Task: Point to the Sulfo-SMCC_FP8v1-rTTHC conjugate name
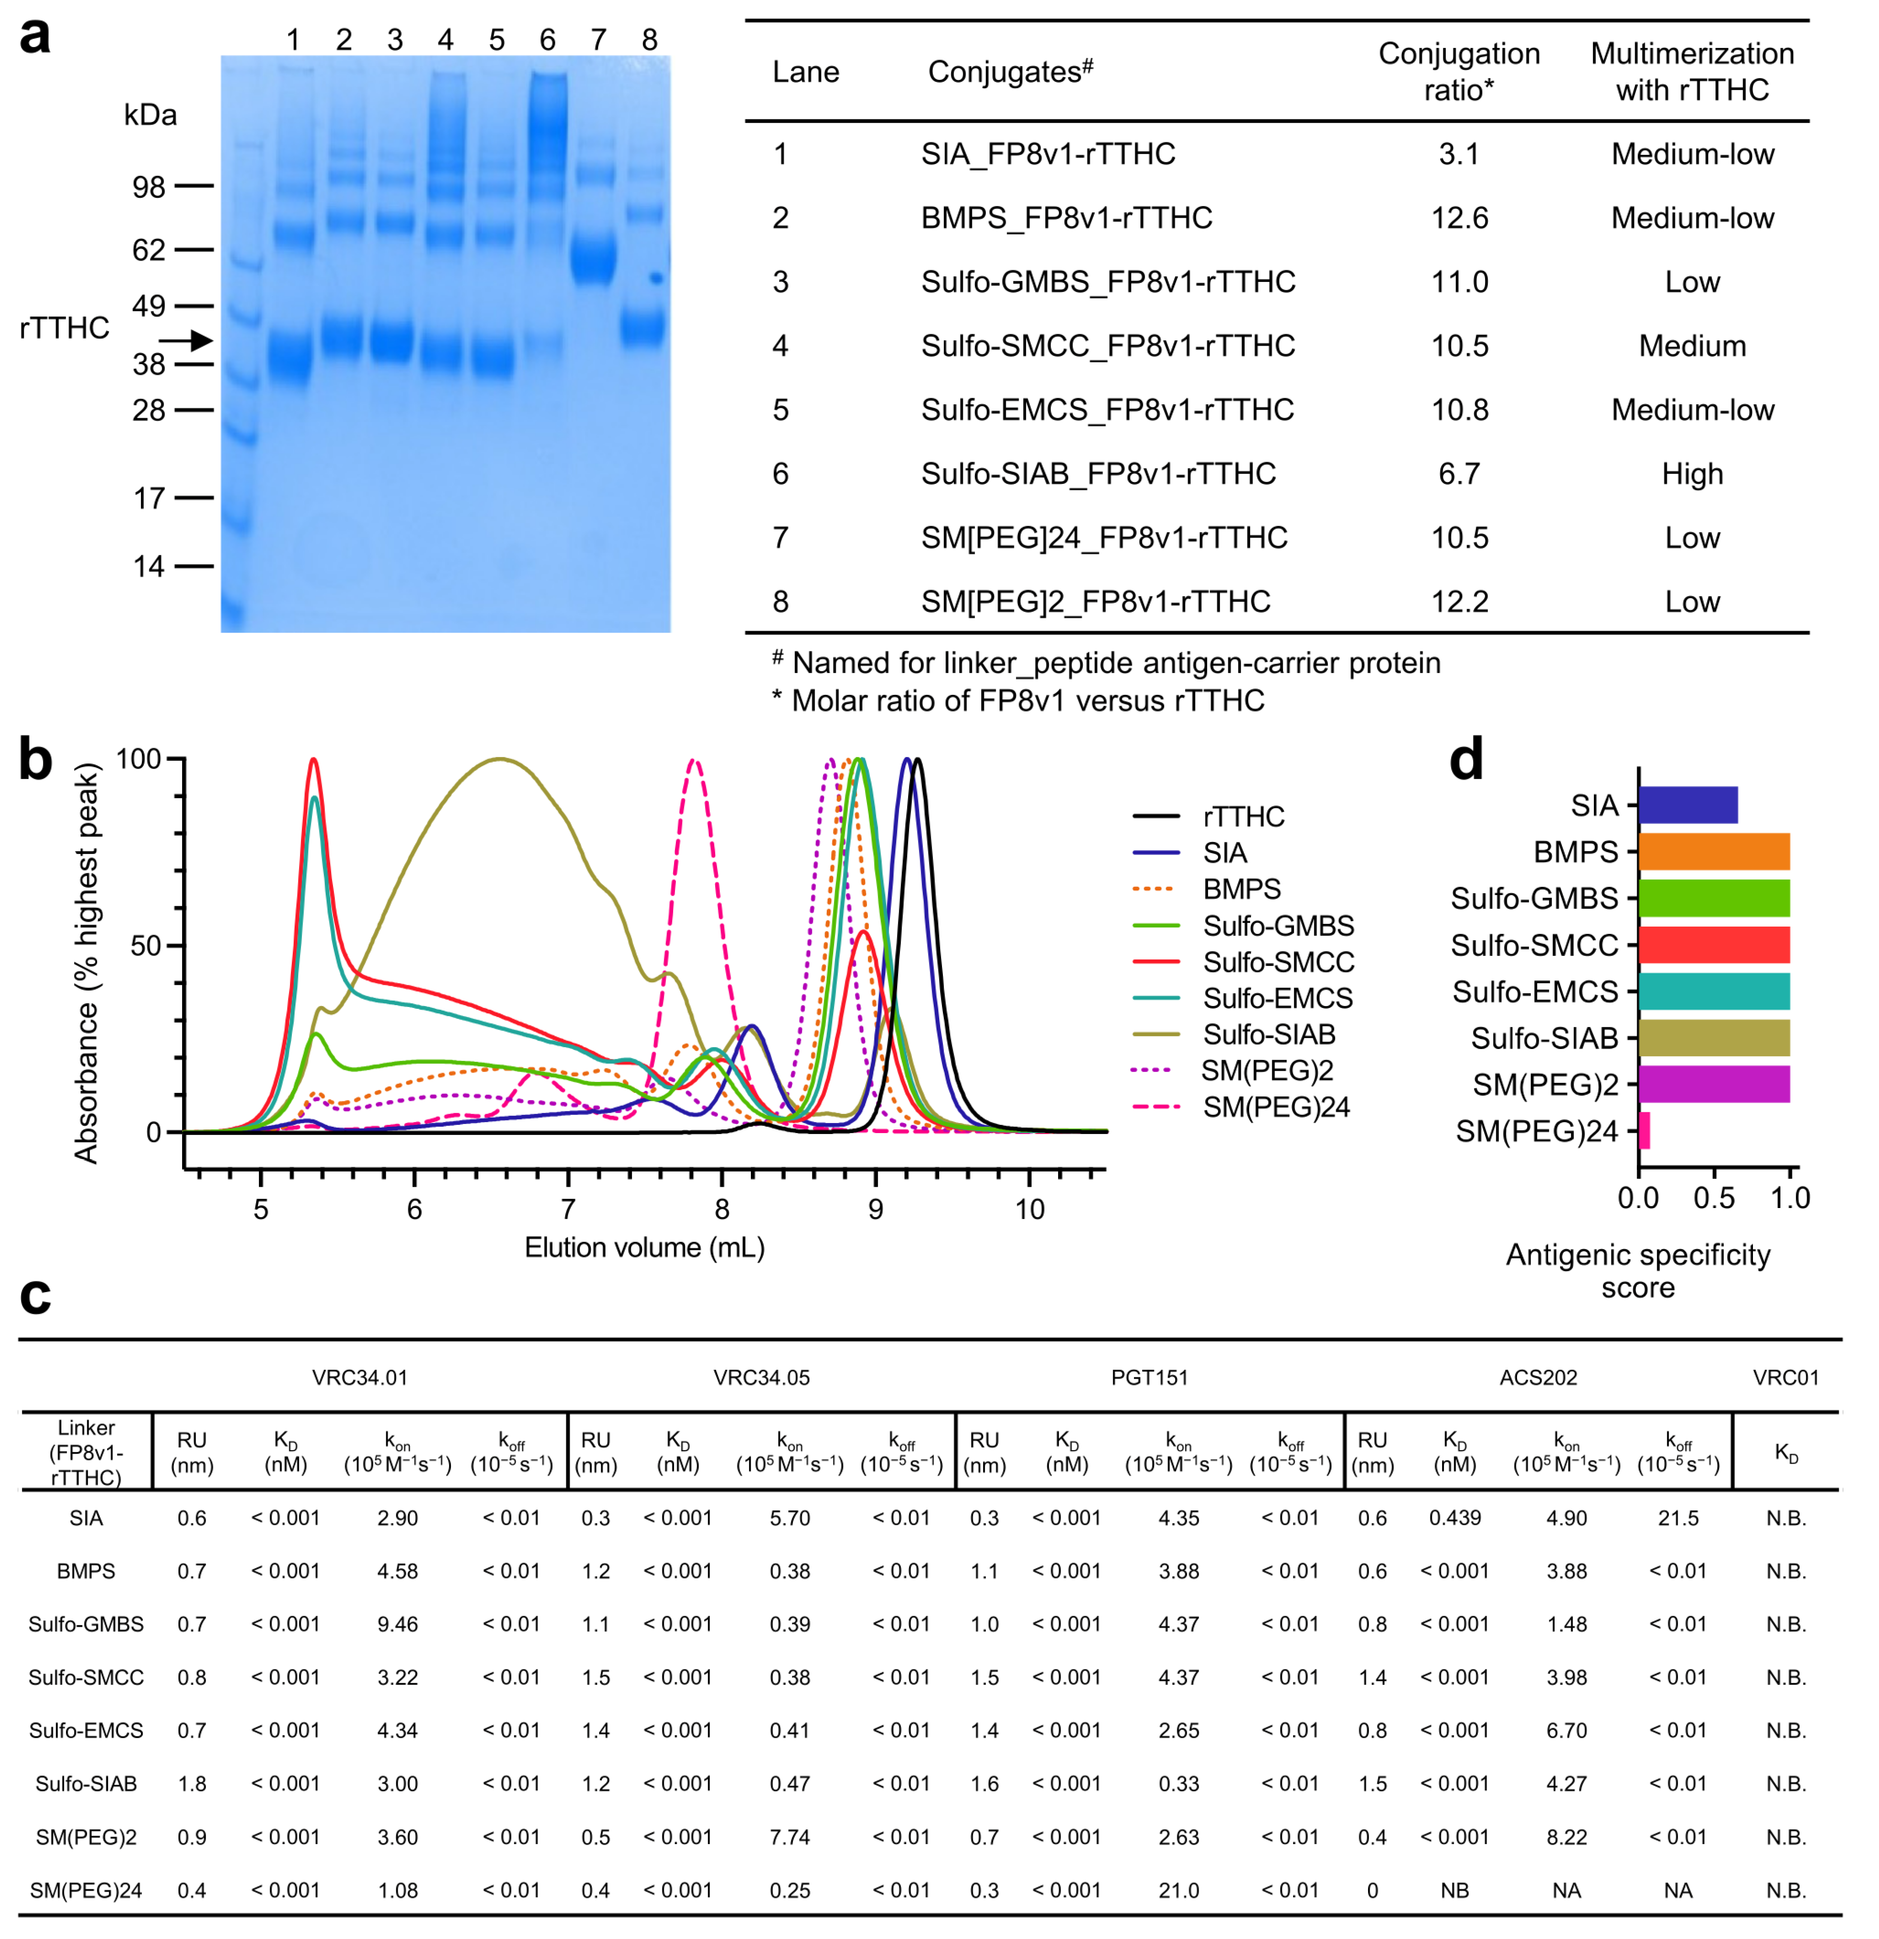tap(1107, 345)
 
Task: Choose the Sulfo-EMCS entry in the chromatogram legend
tap(1277, 998)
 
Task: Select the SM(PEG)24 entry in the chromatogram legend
tap(1275, 1107)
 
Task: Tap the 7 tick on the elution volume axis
tap(568, 1209)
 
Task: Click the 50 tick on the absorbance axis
tap(146, 946)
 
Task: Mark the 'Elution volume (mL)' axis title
tap(644, 1247)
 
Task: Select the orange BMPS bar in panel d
tap(1714, 852)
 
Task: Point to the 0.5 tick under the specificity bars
tap(1714, 1198)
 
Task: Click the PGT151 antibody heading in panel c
tap(1149, 1377)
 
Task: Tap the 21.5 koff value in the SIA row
tap(1678, 1517)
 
